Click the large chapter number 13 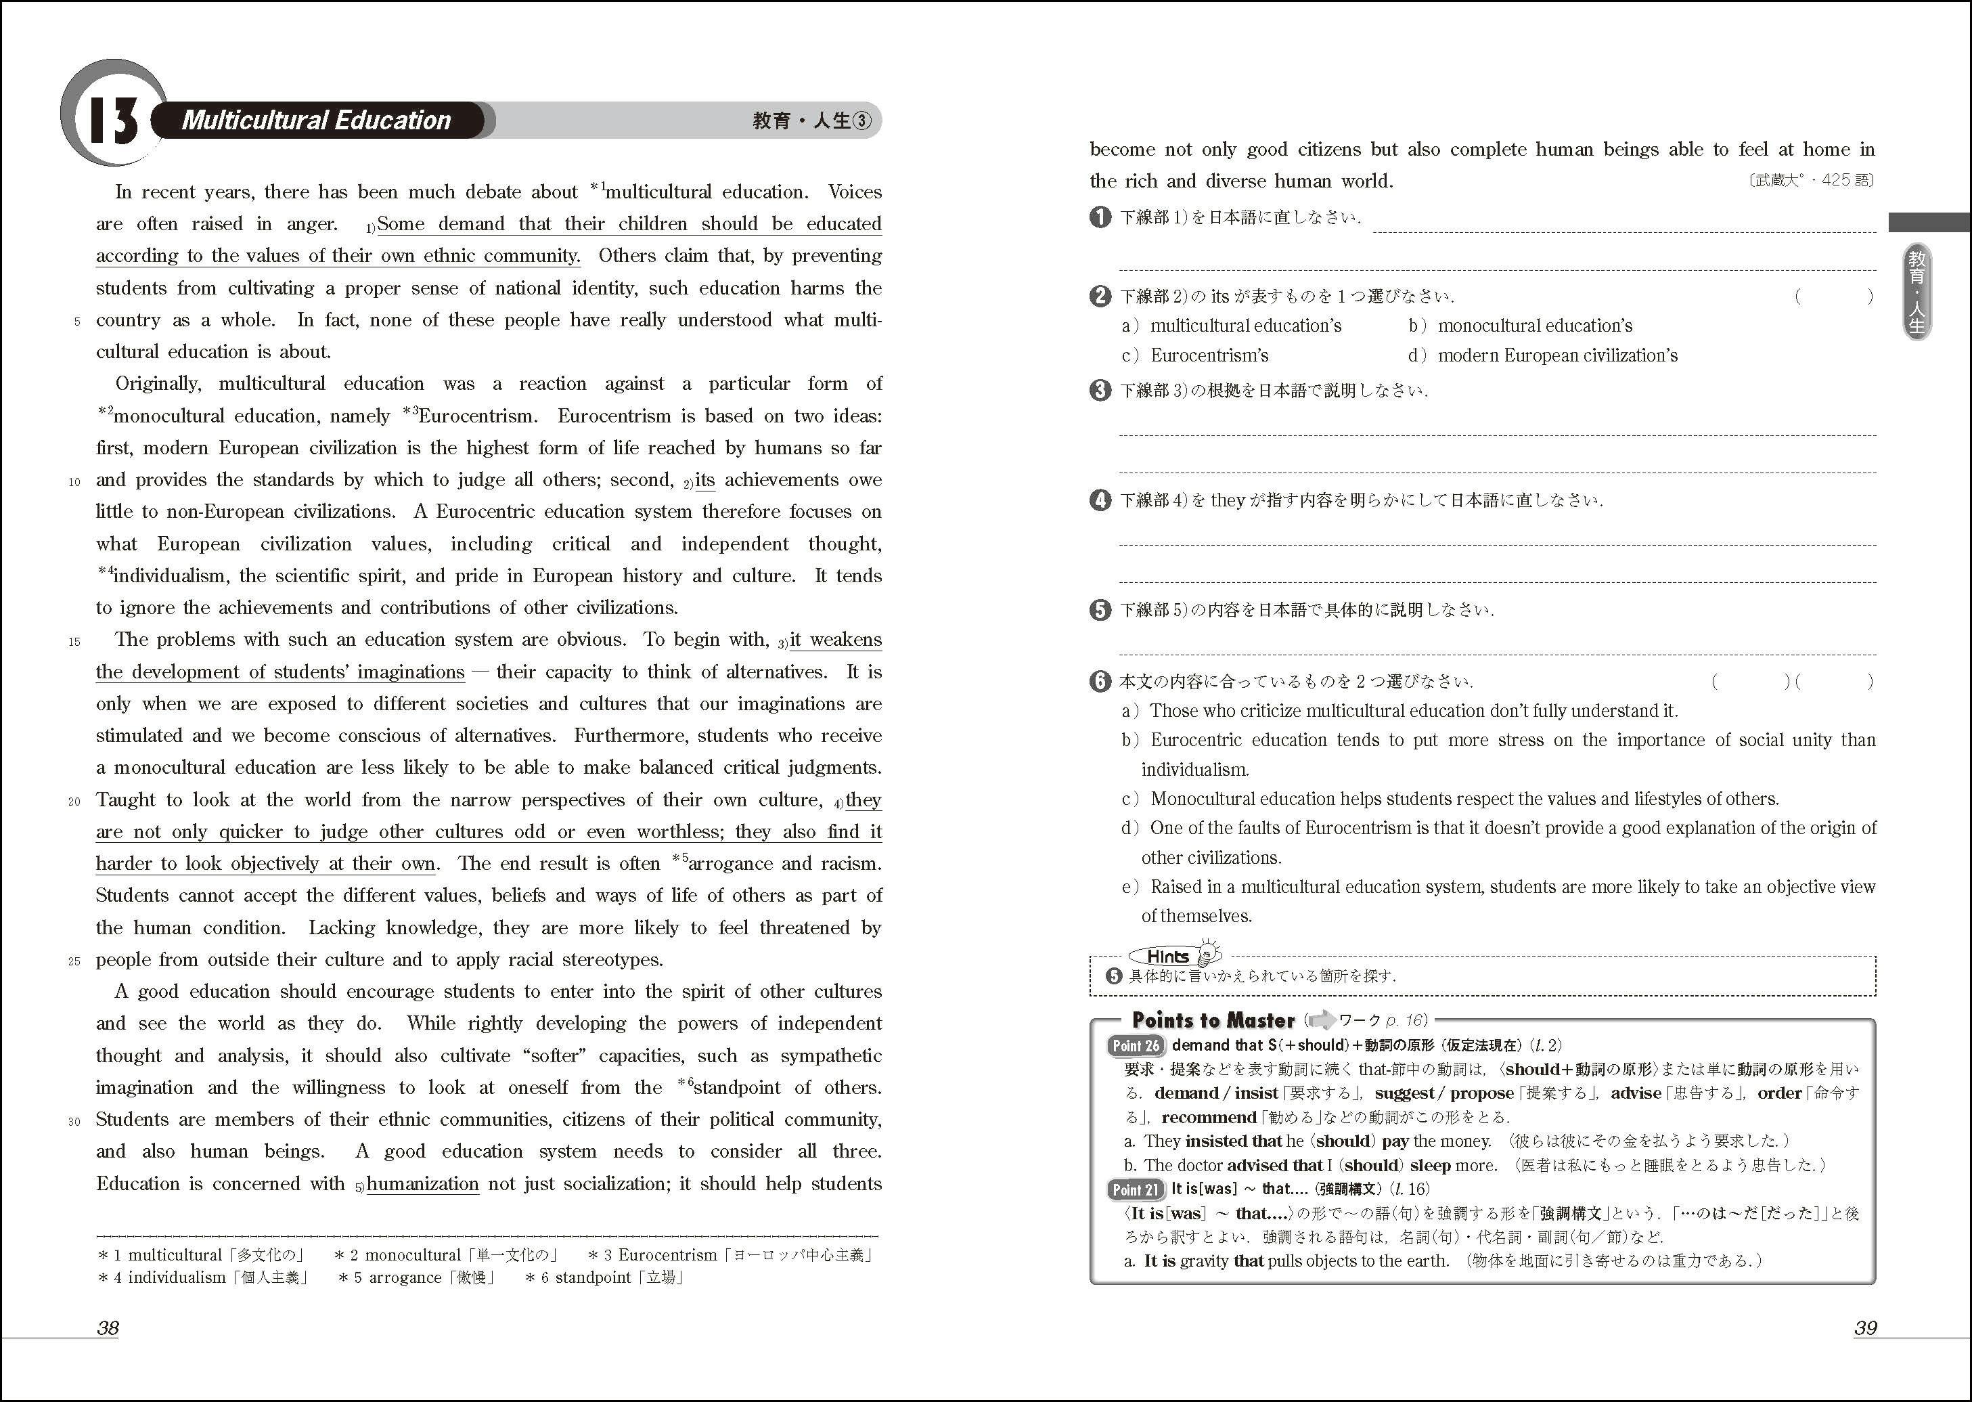[x=113, y=120]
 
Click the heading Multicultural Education [x=316, y=120]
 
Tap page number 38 [x=108, y=1328]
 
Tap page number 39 [x=1865, y=1328]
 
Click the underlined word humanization [x=422, y=1183]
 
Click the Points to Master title [x=1213, y=1020]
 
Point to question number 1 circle [x=1100, y=217]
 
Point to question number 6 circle [x=1100, y=681]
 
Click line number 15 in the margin [x=74, y=642]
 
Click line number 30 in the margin [x=74, y=1122]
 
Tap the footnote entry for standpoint [x=605, y=1277]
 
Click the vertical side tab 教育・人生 [x=1917, y=291]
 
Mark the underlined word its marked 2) [x=705, y=480]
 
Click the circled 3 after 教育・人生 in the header [x=862, y=121]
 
